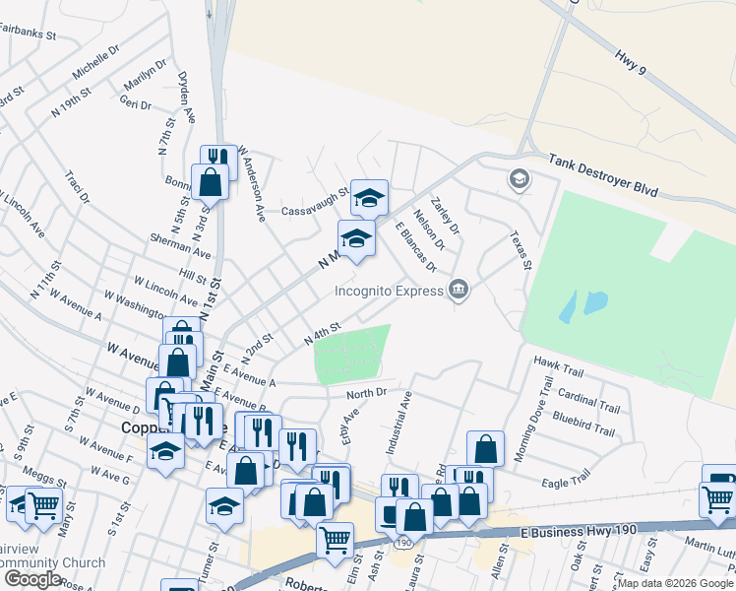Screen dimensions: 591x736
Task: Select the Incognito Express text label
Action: click(389, 291)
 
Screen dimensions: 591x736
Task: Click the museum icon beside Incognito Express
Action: click(458, 290)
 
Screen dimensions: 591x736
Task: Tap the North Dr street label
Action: click(368, 393)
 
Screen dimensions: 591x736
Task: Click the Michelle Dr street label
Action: click(95, 61)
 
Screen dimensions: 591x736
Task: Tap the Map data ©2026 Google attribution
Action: click(674, 583)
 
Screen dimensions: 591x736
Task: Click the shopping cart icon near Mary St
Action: click(43, 505)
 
